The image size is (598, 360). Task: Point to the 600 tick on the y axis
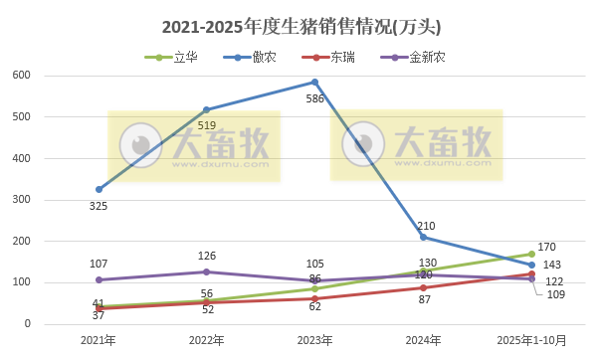pos(22,76)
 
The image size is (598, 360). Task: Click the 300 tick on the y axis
pos(22,200)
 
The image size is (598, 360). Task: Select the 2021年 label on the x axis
pos(99,340)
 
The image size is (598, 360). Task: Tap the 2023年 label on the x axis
pos(315,340)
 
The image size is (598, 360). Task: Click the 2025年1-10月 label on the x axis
pos(532,340)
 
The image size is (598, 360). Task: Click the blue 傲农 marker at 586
pos(315,82)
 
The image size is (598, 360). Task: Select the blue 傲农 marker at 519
pos(207,109)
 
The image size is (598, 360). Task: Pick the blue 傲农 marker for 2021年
pos(99,189)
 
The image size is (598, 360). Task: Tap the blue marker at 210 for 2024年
pos(424,237)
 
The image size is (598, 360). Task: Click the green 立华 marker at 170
pos(532,254)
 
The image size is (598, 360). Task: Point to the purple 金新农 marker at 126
pos(207,271)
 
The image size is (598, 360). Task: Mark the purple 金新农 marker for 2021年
pos(99,279)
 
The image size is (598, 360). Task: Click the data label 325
pos(99,206)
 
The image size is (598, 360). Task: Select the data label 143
pos(551,265)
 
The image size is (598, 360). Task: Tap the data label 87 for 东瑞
pos(424,299)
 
